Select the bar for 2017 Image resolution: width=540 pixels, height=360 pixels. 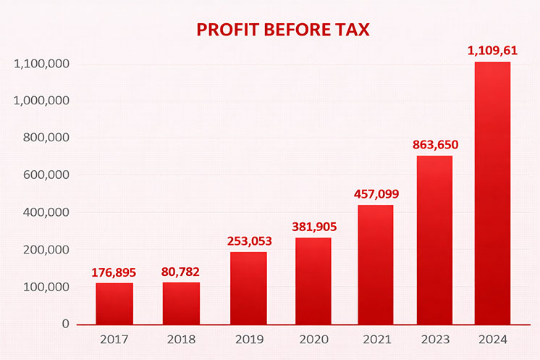point(114,304)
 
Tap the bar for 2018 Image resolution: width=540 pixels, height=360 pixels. point(181,304)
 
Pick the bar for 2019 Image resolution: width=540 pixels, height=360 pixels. point(248,288)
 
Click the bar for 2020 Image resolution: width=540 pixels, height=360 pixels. point(313,281)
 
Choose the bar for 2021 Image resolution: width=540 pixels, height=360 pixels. point(376,264)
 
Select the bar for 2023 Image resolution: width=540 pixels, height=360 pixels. point(434,240)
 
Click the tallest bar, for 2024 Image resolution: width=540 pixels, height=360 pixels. point(492,193)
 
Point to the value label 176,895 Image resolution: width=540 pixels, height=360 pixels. point(114,272)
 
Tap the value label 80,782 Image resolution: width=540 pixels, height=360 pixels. point(181,272)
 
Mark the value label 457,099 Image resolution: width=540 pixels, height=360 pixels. point(376,194)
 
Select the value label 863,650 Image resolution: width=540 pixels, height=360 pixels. point(434,145)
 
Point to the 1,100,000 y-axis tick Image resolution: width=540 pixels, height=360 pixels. point(41,64)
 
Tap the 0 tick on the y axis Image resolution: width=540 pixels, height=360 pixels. point(65,324)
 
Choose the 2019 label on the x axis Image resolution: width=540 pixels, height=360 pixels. point(248,339)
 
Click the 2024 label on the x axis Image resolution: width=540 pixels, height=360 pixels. point(492,339)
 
